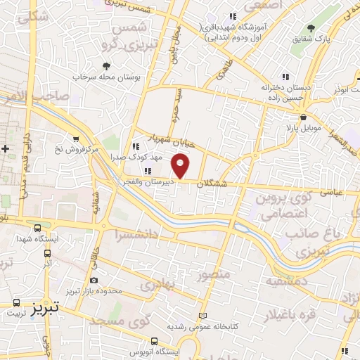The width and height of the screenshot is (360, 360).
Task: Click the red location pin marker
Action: (181, 167)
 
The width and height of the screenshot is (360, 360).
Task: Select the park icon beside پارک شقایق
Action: (311, 27)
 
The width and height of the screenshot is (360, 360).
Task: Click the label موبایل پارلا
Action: (302, 128)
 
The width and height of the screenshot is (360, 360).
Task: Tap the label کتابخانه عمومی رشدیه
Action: (175, 327)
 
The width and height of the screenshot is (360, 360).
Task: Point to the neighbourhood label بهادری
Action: (156, 286)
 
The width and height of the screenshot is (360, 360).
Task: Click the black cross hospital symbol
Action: (6, 149)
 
